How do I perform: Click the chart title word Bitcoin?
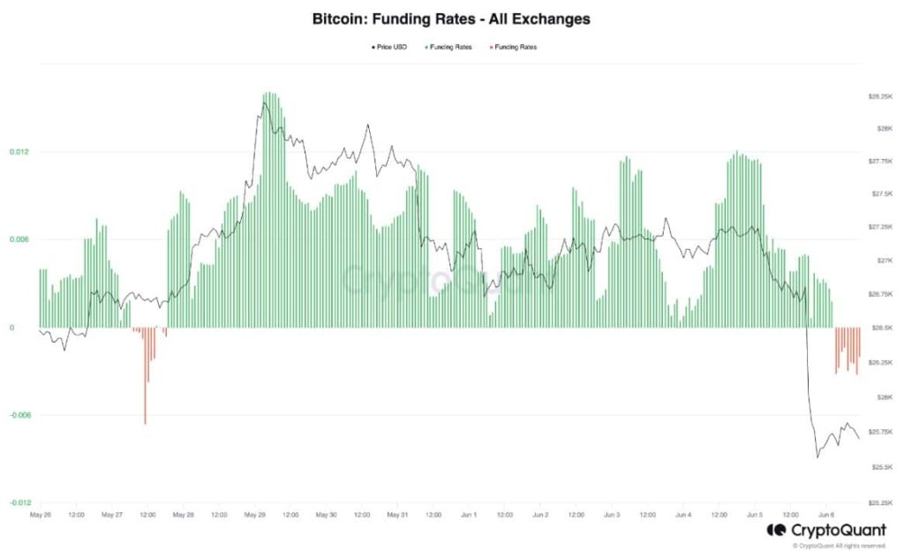pyautogui.click(x=340, y=18)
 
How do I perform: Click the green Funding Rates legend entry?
pyautogui.click(x=451, y=47)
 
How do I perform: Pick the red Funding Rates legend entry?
pyautogui.click(x=516, y=47)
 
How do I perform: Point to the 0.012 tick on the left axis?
pyautogui.click(x=19, y=152)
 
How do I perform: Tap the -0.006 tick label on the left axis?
pyautogui.click(x=19, y=415)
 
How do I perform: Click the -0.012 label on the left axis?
pyautogui.click(x=19, y=502)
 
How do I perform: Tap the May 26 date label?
pyautogui.click(x=41, y=513)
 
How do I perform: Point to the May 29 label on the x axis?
pyautogui.click(x=255, y=513)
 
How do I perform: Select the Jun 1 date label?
pyautogui.click(x=469, y=513)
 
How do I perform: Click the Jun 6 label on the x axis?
pyautogui.click(x=826, y=513)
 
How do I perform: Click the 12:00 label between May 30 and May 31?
pyautogui.click(x=362, y=513)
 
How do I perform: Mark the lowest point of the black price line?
pyautogui.click(x=817, y=457)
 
